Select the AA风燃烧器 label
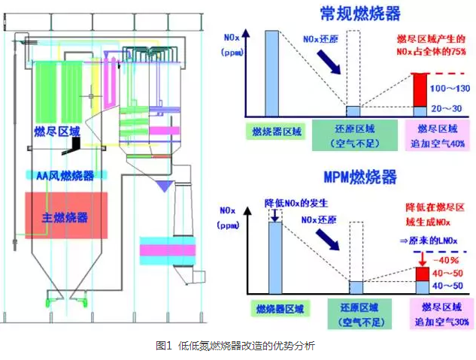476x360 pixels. coord(65,176)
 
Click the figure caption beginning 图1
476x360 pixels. coord(235,346)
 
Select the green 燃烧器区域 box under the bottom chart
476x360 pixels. coord(277,307)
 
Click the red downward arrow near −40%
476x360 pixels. coord(423,259)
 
